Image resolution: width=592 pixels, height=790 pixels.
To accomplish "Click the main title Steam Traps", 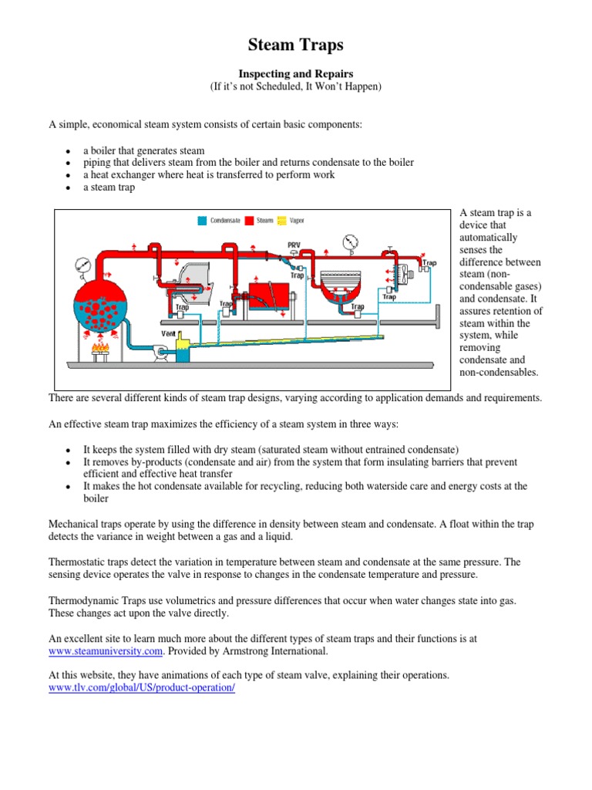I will click(295, 45).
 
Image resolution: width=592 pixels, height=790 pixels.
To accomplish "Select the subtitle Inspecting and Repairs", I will click(295, 73).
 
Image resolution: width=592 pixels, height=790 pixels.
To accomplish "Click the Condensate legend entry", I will click(217, 220).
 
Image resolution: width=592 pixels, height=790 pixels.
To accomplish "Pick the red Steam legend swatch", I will click(250, 220).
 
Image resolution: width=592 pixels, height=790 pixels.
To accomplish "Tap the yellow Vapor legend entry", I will click(289, 220).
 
